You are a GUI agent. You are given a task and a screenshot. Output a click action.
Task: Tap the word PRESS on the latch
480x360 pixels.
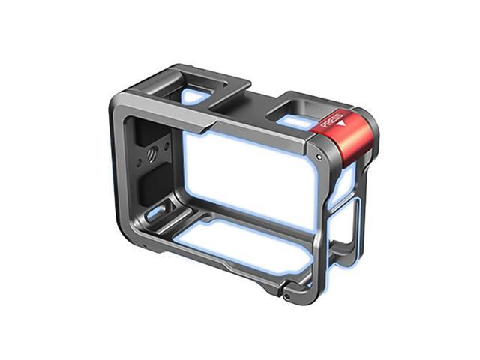pyautogui.click(x=331, y=119)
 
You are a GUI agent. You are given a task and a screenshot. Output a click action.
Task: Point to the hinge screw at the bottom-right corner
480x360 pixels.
pyautogui.click(x=287, y=293)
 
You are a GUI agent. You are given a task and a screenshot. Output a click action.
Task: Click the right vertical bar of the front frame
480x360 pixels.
pyautogui.click(x=322, y=217)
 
